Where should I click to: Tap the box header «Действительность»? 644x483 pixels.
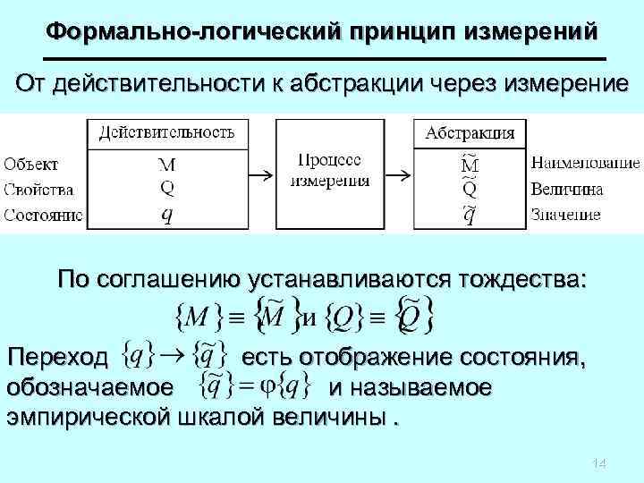point(166,133)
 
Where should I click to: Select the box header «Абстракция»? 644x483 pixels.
point(470,133)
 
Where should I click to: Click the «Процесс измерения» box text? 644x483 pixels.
point(329,170)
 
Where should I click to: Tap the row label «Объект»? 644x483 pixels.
point(31,164)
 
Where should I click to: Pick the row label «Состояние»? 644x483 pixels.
point(43,215)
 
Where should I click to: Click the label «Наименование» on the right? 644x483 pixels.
point(585,164)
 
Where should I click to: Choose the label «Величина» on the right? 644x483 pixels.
point(567,189)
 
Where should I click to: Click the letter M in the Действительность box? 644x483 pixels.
point(166,165)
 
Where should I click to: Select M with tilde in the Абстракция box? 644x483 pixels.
point(469,164)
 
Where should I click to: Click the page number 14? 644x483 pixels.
point(599,463)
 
